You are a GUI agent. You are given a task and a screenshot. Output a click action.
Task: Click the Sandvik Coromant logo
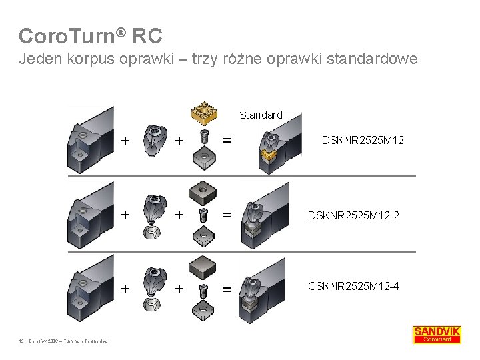point(436,334)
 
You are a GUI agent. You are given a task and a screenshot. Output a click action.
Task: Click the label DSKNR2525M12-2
point(353,215)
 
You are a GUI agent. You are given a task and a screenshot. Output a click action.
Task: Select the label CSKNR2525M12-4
point(354,287)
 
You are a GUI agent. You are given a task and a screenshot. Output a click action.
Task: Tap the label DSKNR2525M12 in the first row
point(363,140)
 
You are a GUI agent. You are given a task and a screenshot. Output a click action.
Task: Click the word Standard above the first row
point(261,115)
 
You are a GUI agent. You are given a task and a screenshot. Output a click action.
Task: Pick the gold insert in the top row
point(203,113)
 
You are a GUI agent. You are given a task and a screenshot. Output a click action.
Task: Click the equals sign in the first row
point(227,141)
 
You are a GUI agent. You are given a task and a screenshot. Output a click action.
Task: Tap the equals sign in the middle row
point(227,215)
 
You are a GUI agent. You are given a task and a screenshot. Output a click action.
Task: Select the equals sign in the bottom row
point(227,288)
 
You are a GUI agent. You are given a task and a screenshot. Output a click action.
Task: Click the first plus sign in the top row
point(125,140)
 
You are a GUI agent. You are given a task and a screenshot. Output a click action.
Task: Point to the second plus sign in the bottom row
point(179,288)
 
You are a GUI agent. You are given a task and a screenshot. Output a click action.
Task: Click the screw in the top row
point(203,138)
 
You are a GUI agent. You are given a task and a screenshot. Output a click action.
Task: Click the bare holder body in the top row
point(89,141)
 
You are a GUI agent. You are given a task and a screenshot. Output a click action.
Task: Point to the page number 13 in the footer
point(21,343)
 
